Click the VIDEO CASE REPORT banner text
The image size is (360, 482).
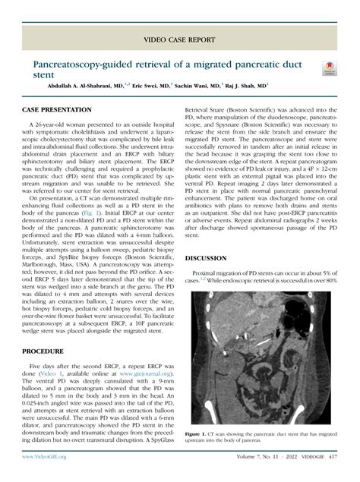tap(180, 37)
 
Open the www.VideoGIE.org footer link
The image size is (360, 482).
tap(45, 458)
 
